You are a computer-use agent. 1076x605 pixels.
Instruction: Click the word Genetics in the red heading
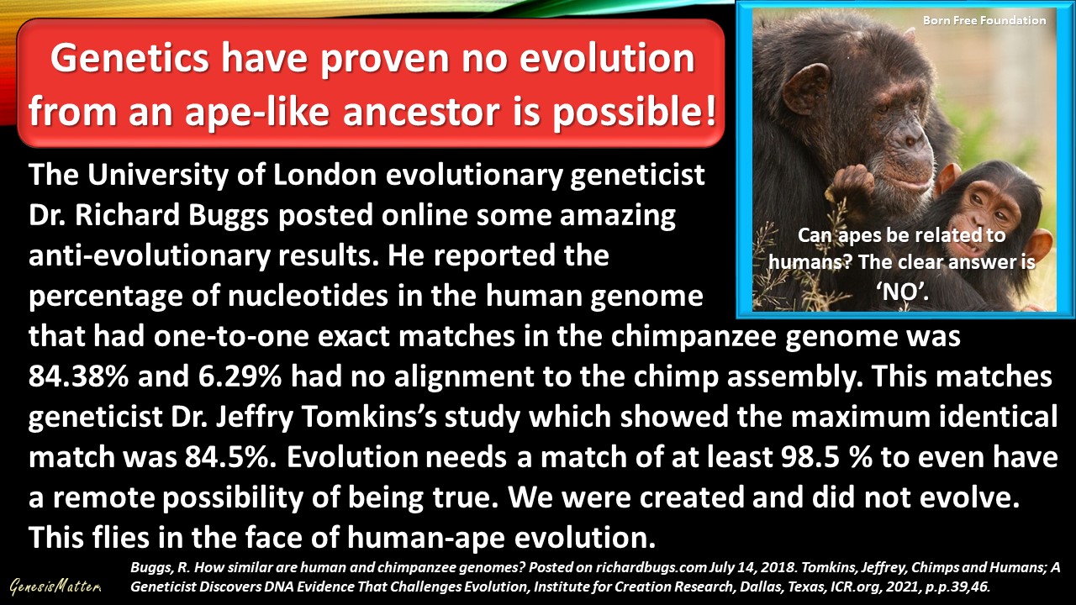pos(129,60)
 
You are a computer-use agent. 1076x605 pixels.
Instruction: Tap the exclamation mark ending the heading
pos(711,109)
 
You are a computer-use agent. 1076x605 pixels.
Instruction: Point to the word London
pos(324,175)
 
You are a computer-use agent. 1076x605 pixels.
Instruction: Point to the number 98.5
pos(810,456)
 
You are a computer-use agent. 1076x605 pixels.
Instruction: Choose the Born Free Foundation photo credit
pos(984,21)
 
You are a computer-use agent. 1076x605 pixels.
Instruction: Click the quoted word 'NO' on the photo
pos(902,291)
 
